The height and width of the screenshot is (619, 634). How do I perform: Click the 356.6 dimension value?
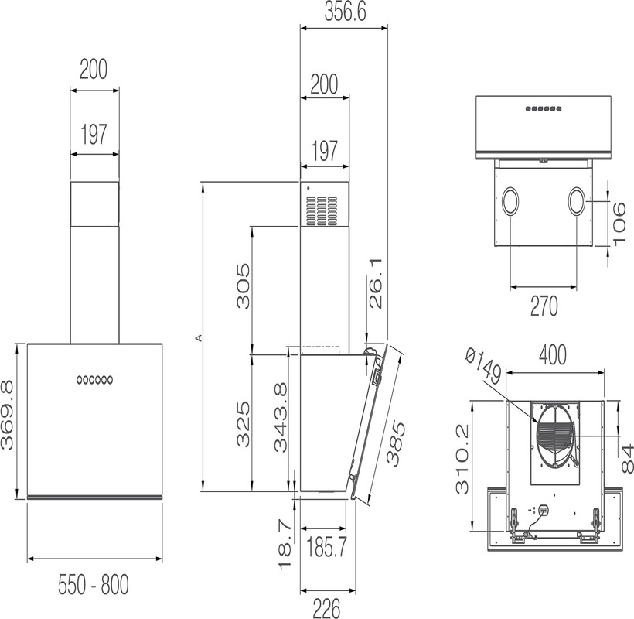click(x=345, y=12)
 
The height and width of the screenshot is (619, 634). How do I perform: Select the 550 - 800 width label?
click(x=94, y=584)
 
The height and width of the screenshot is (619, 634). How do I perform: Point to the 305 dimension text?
click(x=244, y=286)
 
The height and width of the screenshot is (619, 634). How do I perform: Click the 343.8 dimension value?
click(x=281, y=417)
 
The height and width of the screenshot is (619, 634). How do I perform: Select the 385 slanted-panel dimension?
click(x=395, y=444)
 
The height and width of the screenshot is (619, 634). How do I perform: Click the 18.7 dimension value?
click(x=285, y=545)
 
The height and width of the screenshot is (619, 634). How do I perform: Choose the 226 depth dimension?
click(x=326, y=608)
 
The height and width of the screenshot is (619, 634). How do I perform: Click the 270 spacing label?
click(x=544, y=306)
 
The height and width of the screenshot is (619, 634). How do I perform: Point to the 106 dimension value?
click(x=620, y=224)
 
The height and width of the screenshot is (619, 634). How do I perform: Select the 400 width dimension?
click(x=553, y=355)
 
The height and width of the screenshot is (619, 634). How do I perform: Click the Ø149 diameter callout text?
click(x=484, y=368)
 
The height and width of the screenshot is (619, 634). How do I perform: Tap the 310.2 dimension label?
click(x=462, y=459)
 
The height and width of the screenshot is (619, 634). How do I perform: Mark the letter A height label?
click(x=198, y=337)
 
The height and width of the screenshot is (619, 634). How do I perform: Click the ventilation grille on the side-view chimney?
click(x=322, y=211)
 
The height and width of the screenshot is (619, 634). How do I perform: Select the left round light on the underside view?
click(x=511, y=201)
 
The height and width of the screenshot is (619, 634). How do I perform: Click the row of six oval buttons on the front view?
click(x=94, y=380)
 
